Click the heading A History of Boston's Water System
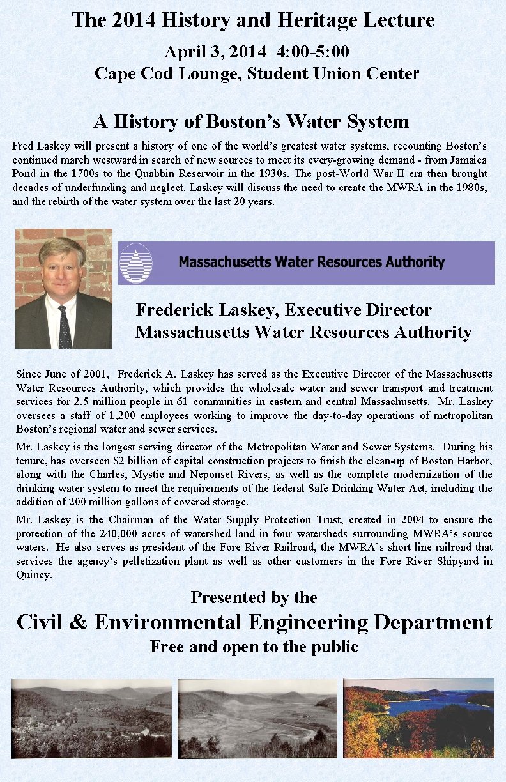(251, 121)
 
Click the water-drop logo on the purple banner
(136, 263)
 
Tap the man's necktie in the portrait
(64, 327)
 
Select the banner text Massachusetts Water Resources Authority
(311, 262)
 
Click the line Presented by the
(254, 597)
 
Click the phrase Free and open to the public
(254, 647)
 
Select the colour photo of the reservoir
(418, 718)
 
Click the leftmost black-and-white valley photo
(91, 718)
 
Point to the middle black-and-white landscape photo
(257, 718)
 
